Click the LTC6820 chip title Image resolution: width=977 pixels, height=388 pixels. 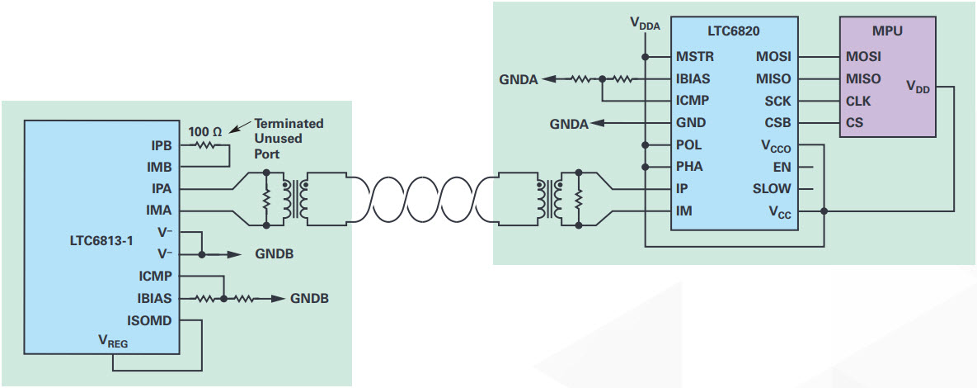732,31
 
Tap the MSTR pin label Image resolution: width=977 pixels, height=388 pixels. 694,57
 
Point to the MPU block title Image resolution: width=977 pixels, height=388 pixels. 886,31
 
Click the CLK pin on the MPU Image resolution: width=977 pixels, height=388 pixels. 859,102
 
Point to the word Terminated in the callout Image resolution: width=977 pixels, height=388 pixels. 289,124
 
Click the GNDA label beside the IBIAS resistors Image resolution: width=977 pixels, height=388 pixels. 519,80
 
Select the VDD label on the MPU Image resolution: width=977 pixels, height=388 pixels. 917,86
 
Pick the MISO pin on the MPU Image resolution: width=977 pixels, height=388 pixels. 862,79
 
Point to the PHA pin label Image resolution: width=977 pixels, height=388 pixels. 689,167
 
